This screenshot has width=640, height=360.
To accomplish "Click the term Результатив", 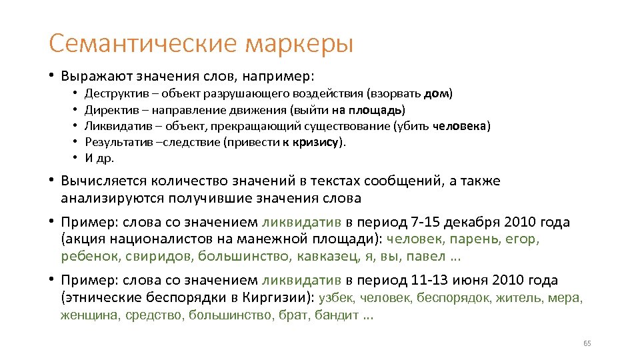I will (x=113, y=142).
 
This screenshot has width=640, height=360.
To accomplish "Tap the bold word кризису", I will (x=317, y=142).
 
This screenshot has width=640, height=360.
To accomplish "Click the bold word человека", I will (x=461, y=125).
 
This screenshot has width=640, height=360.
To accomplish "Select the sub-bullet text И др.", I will (x=100, y=158).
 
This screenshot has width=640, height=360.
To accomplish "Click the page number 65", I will (x=587, y=343).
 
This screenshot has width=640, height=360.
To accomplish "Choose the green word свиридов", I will (x=159, y=256).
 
